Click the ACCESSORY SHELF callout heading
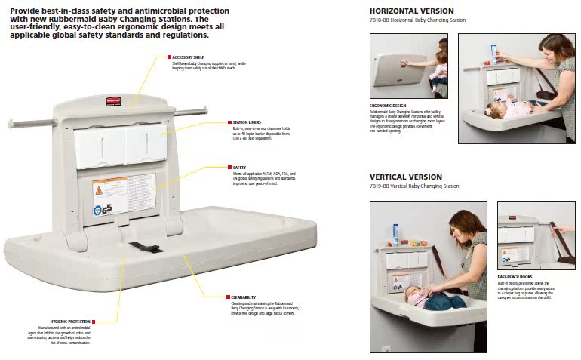187,57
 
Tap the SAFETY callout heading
240,168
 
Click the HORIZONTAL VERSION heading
411,11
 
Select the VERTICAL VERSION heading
405,176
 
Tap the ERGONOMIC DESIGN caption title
388,105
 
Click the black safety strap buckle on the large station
143,247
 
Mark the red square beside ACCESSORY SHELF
168,57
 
